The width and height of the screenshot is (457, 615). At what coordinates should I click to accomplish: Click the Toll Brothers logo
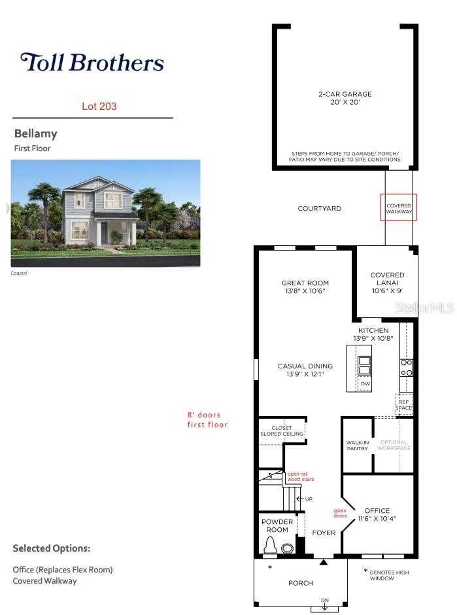[x=92, y=62]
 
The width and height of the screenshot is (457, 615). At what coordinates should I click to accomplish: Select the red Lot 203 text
[x=99, y=106]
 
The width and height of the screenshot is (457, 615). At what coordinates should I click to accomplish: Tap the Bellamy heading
[x=36, y=133]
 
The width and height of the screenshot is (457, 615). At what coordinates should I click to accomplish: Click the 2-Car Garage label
[x=345, y=98]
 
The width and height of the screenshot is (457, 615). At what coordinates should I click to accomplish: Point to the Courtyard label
[x=320, y=209]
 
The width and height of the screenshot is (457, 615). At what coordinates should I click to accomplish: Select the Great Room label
[x=305, y=287]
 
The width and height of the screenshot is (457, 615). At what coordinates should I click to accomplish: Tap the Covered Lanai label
[x=387, y=283]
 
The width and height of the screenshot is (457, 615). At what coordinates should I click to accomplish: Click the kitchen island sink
[x=364, y=366]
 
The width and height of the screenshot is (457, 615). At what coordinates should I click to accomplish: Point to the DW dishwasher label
[x=365, y=383]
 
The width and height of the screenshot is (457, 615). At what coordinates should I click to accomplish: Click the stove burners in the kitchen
[x=407, y=368]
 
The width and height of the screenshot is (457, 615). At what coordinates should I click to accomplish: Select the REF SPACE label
[x=403, y=405]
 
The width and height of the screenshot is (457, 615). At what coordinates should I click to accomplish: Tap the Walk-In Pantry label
[x=358, y=445]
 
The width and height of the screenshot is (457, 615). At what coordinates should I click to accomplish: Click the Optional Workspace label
[x=394, y=445]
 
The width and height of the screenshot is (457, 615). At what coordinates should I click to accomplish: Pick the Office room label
[x=377, y=514]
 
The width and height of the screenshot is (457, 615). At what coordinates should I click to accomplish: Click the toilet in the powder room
[x=271, y=545]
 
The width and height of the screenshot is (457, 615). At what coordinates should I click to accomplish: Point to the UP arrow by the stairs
[x=304, y=499]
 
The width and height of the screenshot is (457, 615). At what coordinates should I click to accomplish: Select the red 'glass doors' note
[x=340, y=513]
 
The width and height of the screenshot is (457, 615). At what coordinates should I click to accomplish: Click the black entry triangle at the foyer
[x=324, y=562]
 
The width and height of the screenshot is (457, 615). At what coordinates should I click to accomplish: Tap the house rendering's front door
[x=104, y=233]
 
